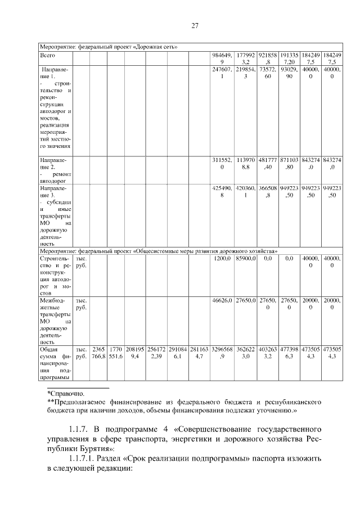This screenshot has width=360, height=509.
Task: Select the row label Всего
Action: click(47, 56)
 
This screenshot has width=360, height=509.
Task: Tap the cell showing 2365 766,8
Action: click(98, 353)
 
